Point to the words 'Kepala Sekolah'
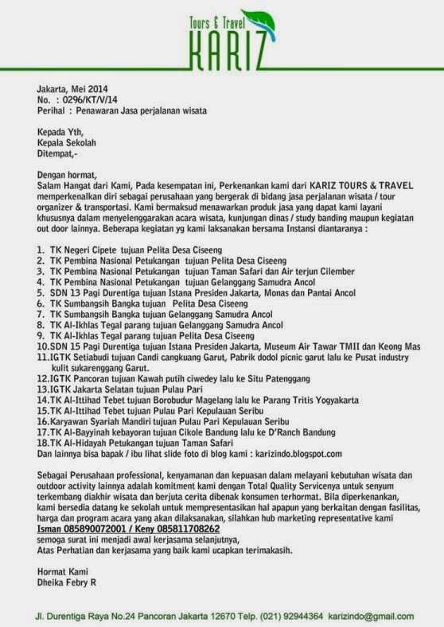[66, 142]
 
